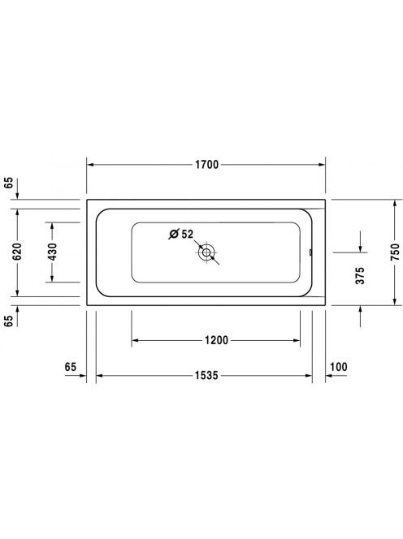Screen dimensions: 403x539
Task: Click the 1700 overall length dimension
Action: click(207, 165)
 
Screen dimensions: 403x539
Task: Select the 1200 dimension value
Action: click(216, 340)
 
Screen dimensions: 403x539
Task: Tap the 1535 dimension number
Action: click(206, 375)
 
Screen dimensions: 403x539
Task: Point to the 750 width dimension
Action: click(396, 252)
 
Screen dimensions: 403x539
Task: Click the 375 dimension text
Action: click(360, 275)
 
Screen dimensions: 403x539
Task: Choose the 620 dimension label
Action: click(16, 252)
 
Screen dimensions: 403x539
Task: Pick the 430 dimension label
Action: click(52, 252)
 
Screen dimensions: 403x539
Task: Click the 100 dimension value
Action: click(339, 367)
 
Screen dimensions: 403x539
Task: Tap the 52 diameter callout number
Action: click(188, 234)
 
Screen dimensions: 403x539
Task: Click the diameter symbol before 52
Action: click(174, 234)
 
